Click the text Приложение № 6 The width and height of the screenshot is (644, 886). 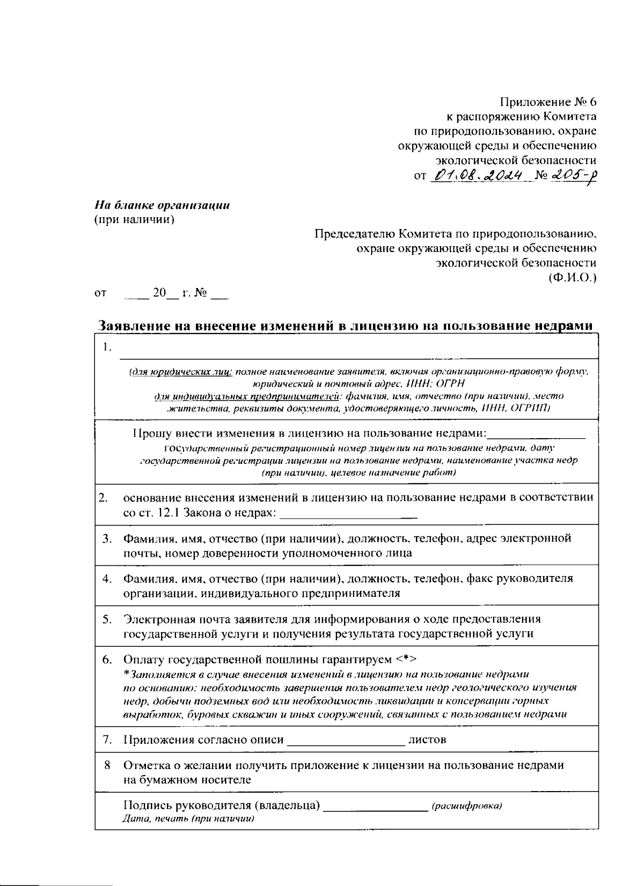548,102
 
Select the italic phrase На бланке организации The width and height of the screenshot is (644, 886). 162,205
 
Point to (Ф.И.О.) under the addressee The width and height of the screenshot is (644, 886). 572,277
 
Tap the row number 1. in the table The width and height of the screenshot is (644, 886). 107,348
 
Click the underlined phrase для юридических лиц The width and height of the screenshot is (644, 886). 181,372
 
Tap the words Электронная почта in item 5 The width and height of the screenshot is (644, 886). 177,619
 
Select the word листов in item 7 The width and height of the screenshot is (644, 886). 427,740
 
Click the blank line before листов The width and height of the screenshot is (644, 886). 346,743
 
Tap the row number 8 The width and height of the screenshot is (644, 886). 107,765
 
